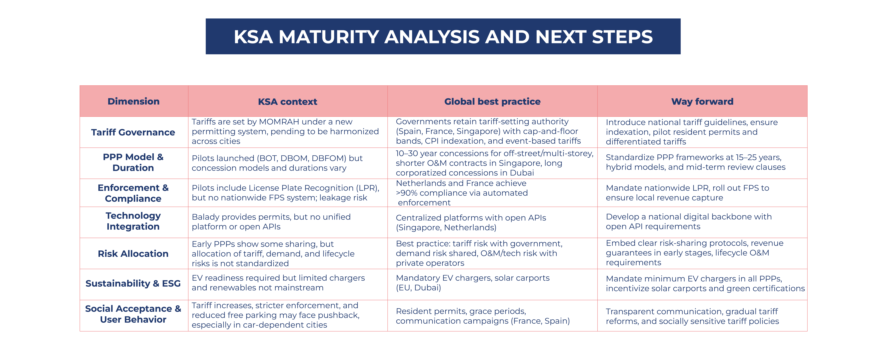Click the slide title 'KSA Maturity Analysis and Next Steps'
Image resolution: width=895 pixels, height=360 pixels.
pyautogui.click(x=443, y=37)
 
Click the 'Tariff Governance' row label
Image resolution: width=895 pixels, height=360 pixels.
pyautogui.click(x=133, y=132)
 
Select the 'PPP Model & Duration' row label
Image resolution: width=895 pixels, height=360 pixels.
pyautogui.click(x=133, y=162)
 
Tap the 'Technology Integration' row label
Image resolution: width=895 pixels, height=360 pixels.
pyautogui.click(x=133, y=221)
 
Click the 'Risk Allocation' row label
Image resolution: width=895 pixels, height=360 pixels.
pyautogui.click(x=133, y=254)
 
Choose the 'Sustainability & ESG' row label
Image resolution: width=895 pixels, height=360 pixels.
pyautogui.click(x=133, y=284)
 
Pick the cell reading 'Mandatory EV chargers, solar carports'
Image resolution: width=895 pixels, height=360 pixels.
pyautogui.click(x=473, y=283)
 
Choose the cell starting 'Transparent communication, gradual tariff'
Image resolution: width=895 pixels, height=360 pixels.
pyautogui.click(x=692, y=316)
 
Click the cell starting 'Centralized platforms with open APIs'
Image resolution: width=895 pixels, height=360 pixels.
pyautogui.click(x=471, y=222)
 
